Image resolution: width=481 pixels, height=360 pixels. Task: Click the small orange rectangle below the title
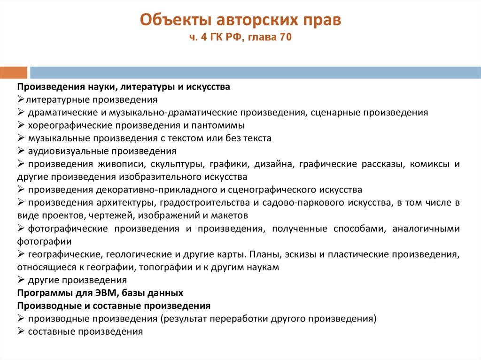[13, 73]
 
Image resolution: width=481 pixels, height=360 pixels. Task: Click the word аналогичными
[426, 229]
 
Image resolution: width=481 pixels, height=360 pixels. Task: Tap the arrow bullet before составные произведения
[21, 331]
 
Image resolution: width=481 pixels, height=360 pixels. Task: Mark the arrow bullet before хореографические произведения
[21, 125]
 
